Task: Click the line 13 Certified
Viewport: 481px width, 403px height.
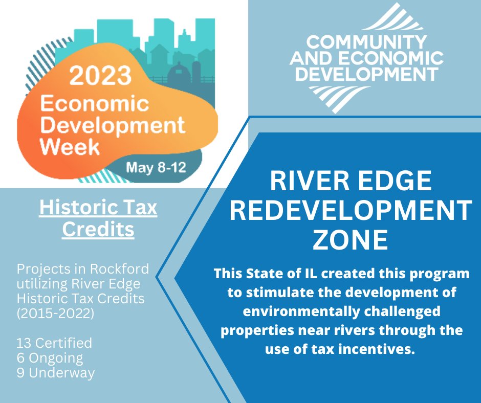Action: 54,342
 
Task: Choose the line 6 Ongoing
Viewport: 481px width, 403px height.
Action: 50,357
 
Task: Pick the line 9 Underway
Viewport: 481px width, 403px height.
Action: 56,373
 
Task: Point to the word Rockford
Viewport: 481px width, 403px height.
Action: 120,269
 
